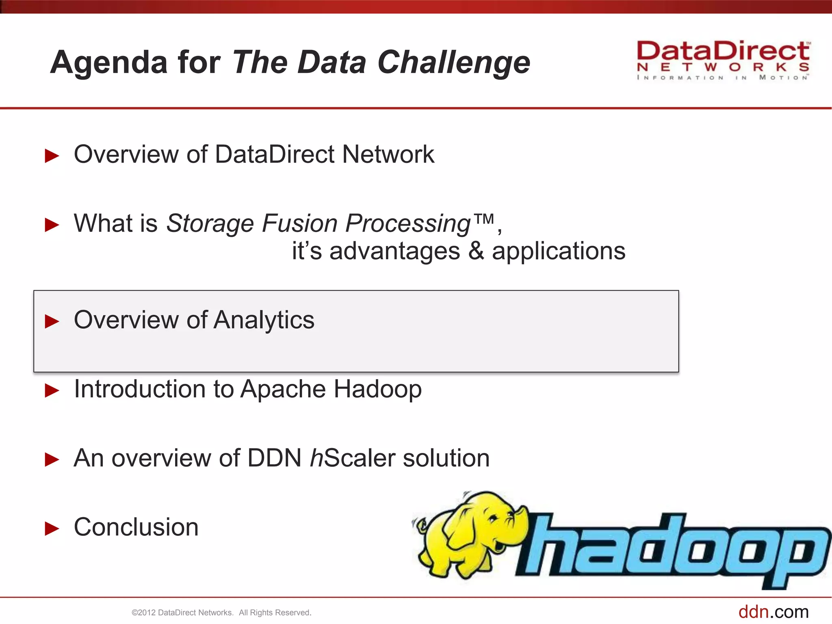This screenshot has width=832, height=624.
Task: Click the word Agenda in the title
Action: pyautogui.click(x=109, y=63)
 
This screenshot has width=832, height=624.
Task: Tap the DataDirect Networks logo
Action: pyautogui.click(x=723, y=60)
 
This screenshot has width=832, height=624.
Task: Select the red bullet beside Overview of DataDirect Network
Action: pyautogui.click(x=52, y=156)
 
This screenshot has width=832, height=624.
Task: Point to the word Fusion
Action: pyautogui.click(x=299, y=223)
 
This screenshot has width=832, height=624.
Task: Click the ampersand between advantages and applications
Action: pyautogui.click(x=476, y=251)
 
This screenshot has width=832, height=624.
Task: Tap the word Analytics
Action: pyautogui.click(x=264, y=320)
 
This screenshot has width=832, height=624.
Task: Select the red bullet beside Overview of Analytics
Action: pyautogui.click(x=52, y=321)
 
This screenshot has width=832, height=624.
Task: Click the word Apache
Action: pyautogui.click(x=283, y=389)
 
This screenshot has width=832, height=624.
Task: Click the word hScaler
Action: pyautogui.click(x=353, y=458)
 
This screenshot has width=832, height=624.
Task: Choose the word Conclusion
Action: pyautogui.click(x=136, y=527)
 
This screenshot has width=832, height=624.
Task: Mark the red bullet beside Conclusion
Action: pyautogui.click(x=52, y=529)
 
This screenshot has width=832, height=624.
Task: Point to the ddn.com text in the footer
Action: pyautogui.click(x=773, y=612)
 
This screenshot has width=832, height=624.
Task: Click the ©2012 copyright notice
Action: pyautogui.click(x=221, y=613)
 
